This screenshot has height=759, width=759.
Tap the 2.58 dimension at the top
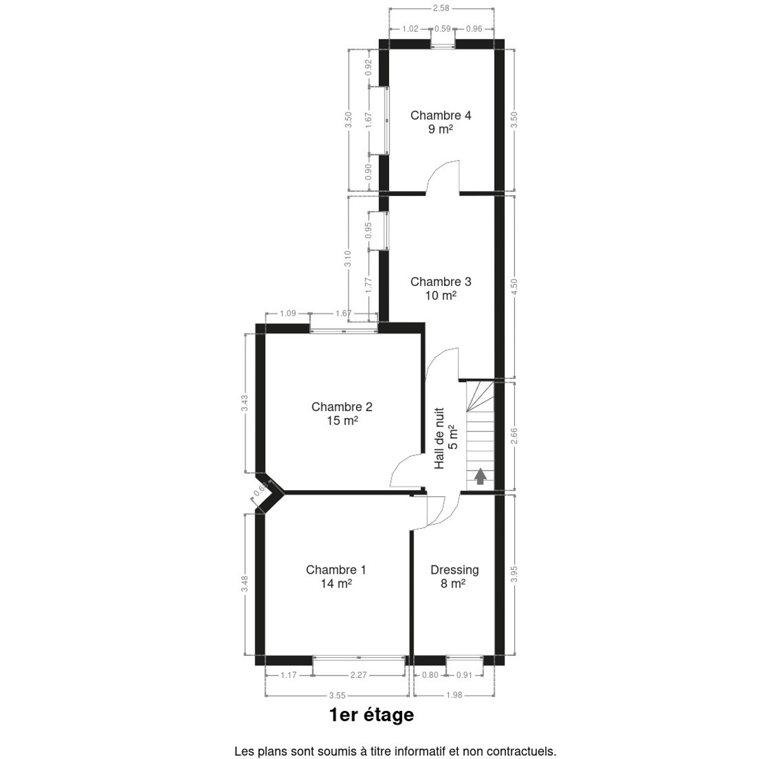point(441,8)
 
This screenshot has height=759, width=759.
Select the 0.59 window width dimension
point(442,28)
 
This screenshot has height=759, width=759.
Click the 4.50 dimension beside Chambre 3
point(514,287)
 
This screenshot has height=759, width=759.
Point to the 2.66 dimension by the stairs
point(514,436)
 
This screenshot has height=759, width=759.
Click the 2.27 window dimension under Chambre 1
point(359,675)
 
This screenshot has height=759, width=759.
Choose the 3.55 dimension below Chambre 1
point(336,696)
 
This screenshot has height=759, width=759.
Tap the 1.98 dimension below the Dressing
point(454,694)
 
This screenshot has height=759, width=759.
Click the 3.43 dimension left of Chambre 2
point(245,403)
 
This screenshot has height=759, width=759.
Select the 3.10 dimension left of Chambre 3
point(348,259)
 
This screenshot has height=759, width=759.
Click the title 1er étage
point(372,715)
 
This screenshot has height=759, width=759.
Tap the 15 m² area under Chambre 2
point(342,421)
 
